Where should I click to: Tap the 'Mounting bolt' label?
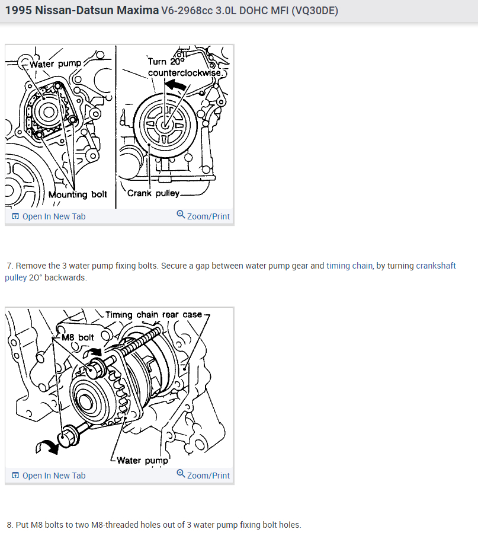pos(78,194)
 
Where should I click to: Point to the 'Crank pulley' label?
pos(153,193)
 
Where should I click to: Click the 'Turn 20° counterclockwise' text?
pos(177,67)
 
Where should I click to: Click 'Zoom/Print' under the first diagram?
pos(208,216)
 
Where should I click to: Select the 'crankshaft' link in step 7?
pos(436,266)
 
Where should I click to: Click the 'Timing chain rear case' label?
pos(153,314)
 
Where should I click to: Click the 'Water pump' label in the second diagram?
pos(143,460)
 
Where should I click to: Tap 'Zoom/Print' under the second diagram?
pos(208,476)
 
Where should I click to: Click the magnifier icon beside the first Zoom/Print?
pos(181,215)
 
